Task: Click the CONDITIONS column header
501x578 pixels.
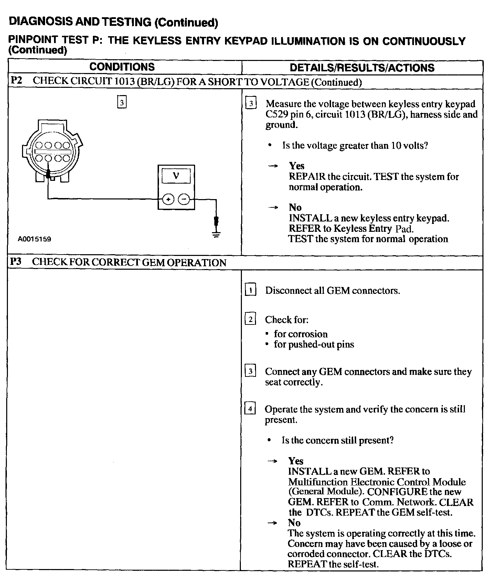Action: click(x=122, y=67)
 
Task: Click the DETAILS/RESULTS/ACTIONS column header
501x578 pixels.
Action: click(x=362, y=68)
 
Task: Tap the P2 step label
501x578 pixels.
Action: click(x=16, y=81)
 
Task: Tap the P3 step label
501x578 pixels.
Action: click(x=16, y=262)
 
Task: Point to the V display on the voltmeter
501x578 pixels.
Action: click(x=176, y=176)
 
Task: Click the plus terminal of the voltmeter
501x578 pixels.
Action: click(x=168, y=199)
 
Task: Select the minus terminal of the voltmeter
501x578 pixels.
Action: click(x=184, y=199)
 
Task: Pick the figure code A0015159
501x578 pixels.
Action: click(x=35, y=239)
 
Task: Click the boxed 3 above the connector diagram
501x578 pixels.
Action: click(x=122, y=103)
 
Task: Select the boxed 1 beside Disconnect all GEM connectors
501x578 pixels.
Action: click(x=250, y=290)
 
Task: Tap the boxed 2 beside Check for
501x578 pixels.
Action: click(x=250, y=320)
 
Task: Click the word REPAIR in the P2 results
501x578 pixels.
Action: click(x=307, y=177)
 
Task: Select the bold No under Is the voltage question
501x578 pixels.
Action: click(x=295, y=207)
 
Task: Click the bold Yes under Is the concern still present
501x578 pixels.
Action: click(x=296, y=461)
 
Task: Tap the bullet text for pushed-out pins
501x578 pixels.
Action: click(x=314, y=344)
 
